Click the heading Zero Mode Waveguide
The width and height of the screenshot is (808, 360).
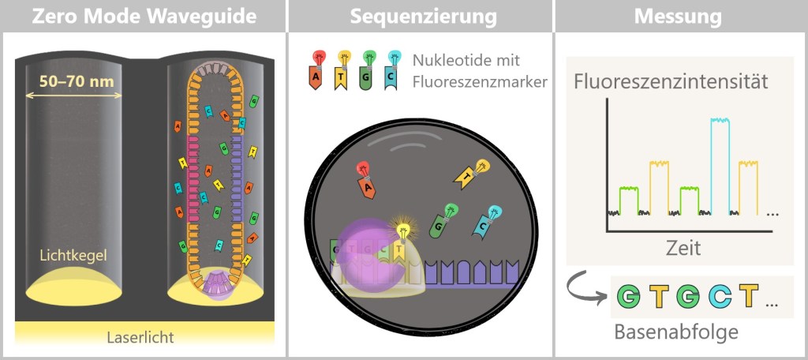tap(144, 16)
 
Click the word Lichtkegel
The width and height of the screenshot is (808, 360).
tap(73, 256)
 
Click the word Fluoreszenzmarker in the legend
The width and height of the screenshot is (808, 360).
tap(479, 81)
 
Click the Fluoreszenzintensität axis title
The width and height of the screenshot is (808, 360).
tap(671, 81)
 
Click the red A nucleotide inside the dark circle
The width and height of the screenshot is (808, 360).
tap(366, 181)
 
